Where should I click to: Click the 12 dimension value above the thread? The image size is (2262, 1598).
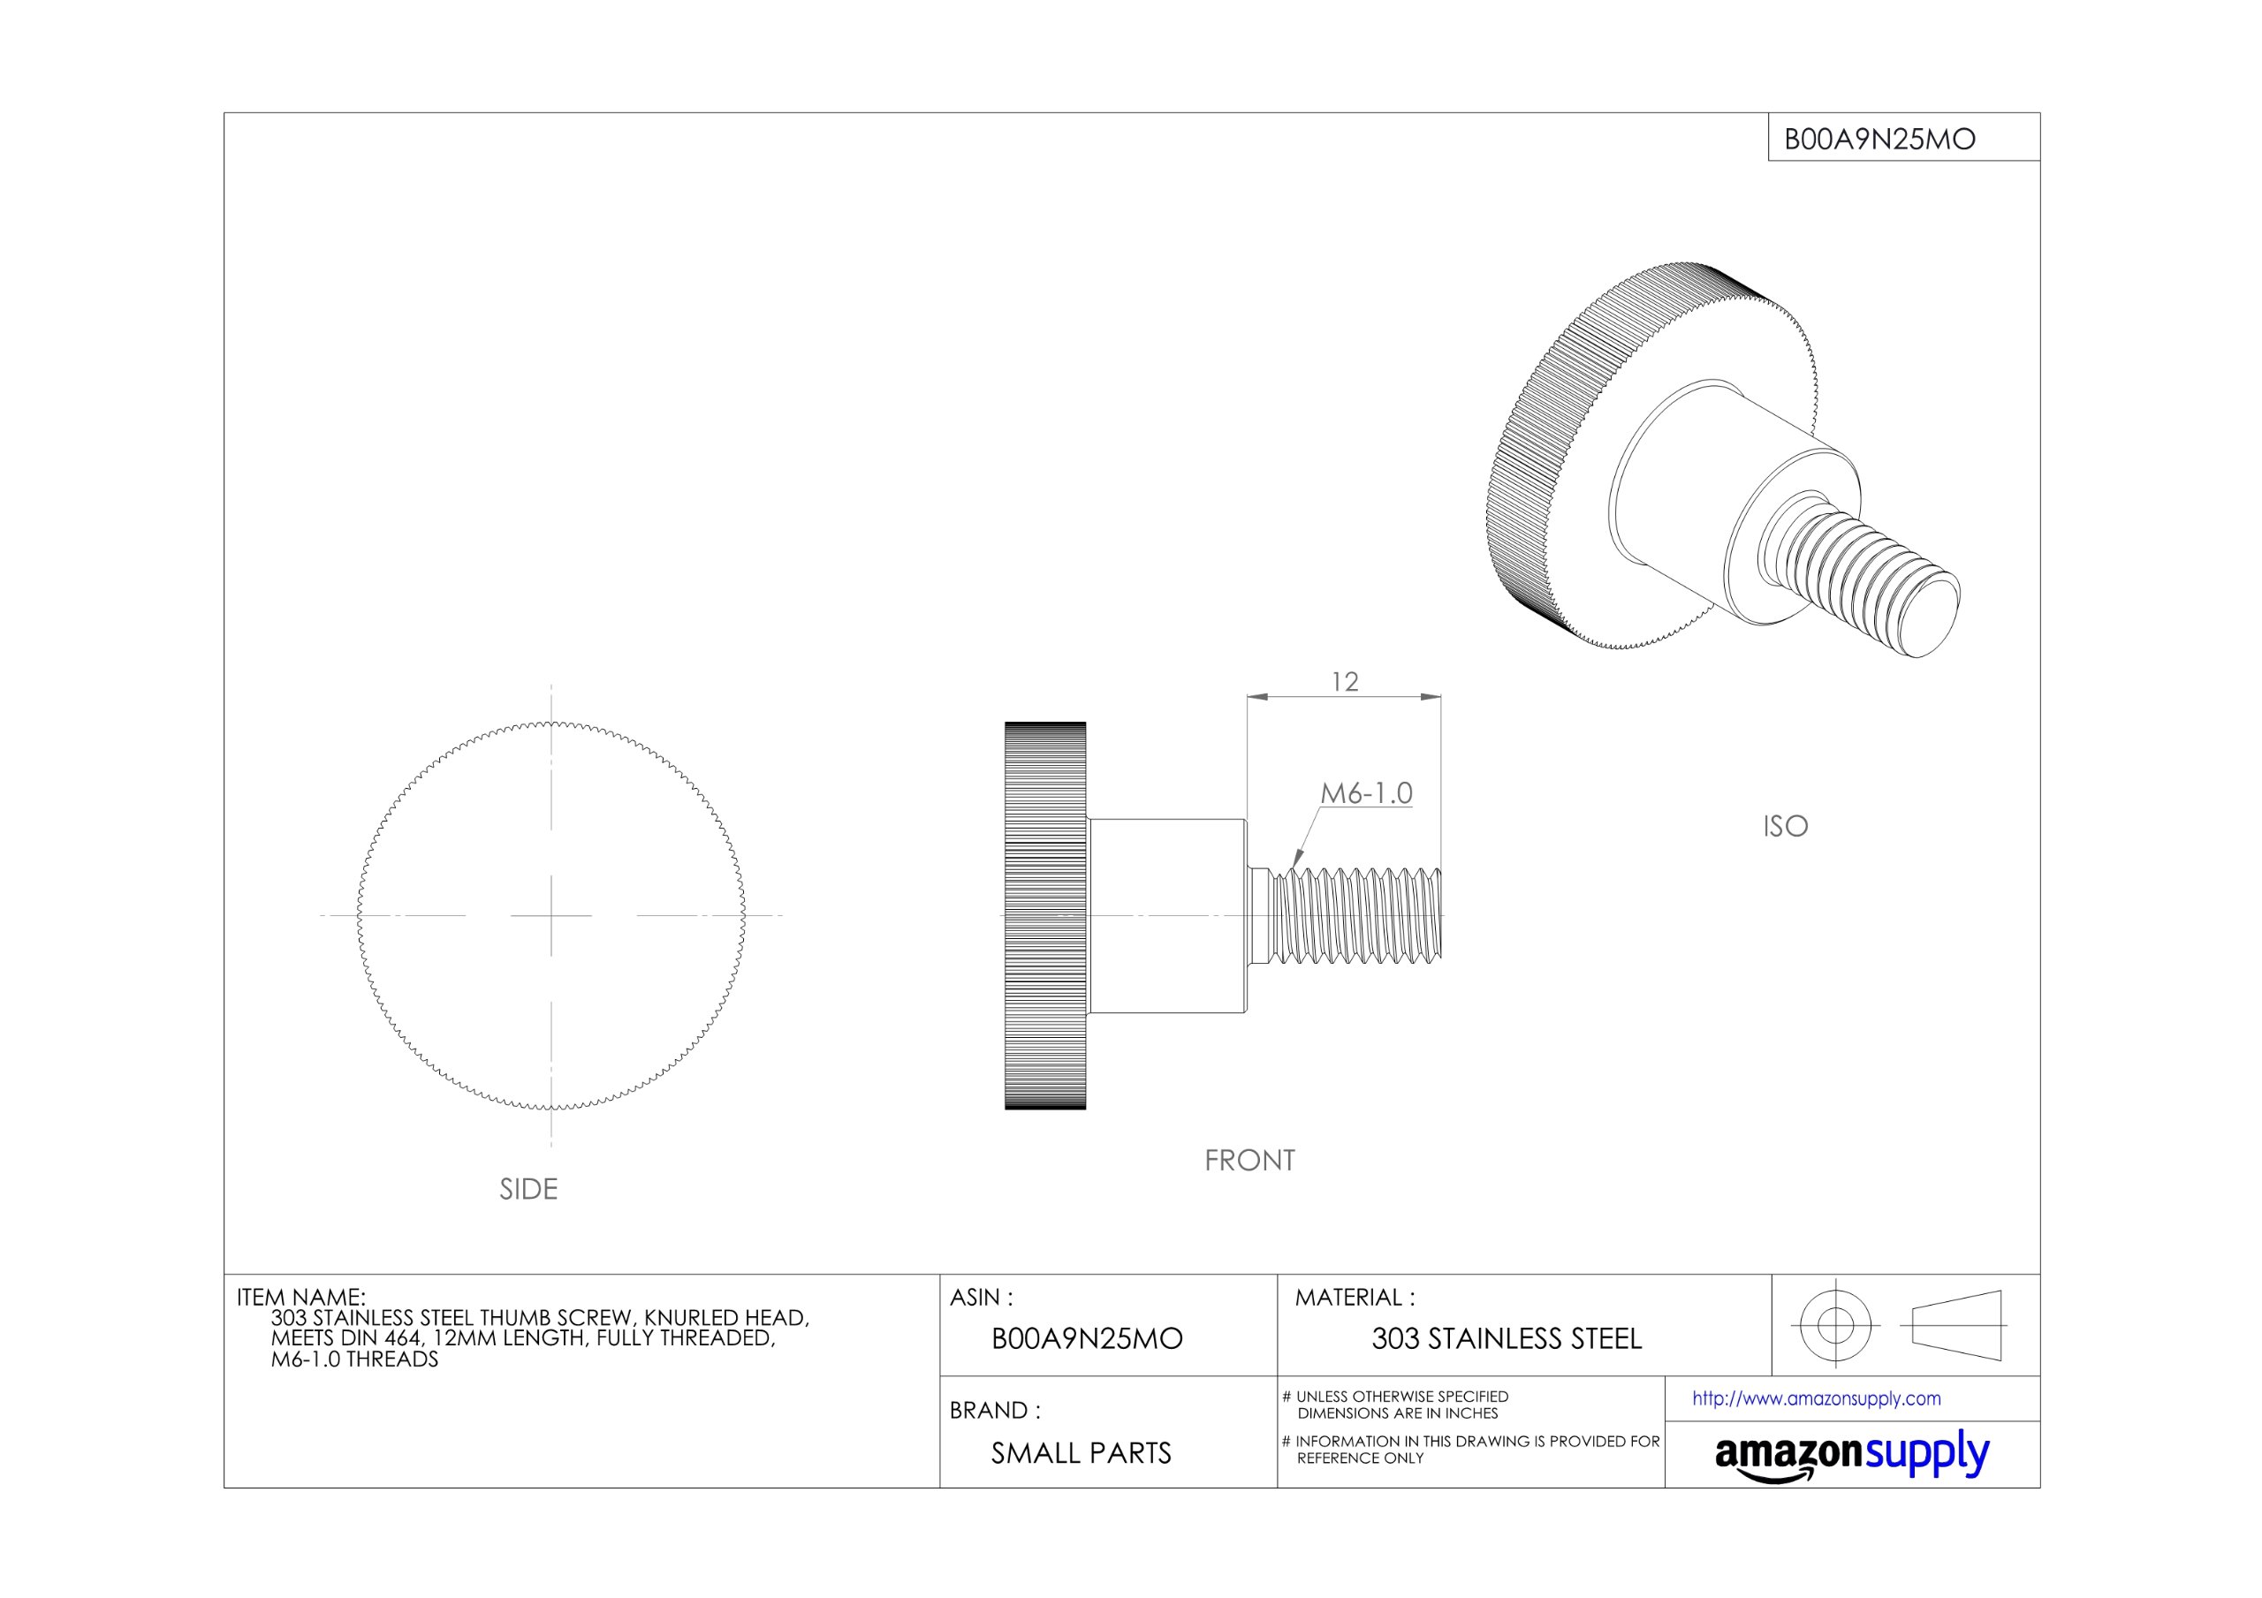tap(1344, 682)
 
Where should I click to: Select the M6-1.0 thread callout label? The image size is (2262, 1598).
tap(1365, 793)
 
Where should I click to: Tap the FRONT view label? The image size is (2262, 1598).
tap(1249, 1161)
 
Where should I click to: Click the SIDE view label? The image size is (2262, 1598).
tap(528, 1189)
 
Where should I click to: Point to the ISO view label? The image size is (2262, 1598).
tap(1785, 826)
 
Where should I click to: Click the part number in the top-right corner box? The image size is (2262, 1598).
tap(1879, 139)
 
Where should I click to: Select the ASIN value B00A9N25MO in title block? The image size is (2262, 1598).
tap(1086, 1339)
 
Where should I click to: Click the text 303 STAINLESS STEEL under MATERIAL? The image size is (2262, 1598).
tap(1507, 1339)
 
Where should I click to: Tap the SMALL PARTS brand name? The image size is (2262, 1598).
tap(1081, 1453)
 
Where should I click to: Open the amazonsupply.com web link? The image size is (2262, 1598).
tap(1816, 1399)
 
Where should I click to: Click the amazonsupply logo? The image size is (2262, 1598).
tap(1851, 1455)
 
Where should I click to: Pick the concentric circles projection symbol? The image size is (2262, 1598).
tap(1834, 1325)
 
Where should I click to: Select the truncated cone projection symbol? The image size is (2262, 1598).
tap(1956, 1325)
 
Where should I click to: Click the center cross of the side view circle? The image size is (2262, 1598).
tap(550, 915)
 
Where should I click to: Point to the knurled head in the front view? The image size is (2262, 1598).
tap(1044, 915)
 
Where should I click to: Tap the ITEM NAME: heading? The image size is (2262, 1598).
tap(300, 1297)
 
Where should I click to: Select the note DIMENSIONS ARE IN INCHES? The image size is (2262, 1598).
tap(1397, 1412)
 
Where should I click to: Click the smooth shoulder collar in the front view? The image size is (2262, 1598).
tap(1167, 915)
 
